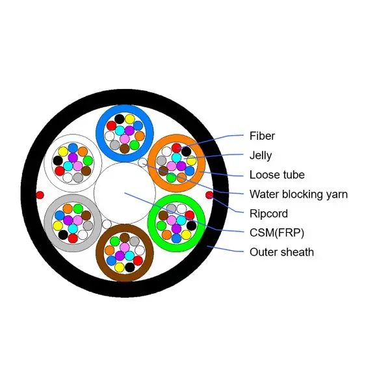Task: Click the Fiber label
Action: pos(262,136)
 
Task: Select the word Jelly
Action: pos(261,155)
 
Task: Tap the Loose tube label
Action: pos(277,174)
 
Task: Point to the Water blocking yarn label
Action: pos(298,194)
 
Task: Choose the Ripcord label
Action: pos(268,213)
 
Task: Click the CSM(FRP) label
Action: pos(276,232)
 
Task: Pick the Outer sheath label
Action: pos(281,252)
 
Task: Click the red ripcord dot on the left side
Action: pos(40,194)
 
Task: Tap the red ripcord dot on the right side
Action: pos(209,194)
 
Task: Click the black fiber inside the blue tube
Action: pos(120,119)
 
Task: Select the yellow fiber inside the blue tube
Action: pos(130,119)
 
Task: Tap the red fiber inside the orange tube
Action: pos(176,148)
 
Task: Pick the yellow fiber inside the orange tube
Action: pos(191,161)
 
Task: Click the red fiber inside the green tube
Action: pos(189,215)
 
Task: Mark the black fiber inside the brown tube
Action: pos(129,267)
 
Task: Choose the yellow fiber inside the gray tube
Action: pos(58,225)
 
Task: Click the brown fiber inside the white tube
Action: pos(86,170)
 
